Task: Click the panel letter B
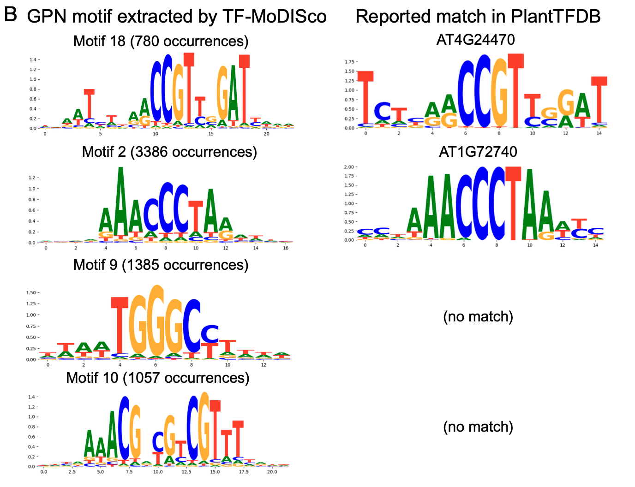point(10,15)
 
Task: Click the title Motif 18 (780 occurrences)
point(161,42)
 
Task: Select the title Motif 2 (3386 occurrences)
point(169,152)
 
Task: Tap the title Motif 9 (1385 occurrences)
point(161,265)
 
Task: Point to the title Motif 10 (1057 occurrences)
point(158,378)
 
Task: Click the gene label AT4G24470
point(475,40)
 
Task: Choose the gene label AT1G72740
point(478,152)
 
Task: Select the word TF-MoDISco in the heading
point(274,17)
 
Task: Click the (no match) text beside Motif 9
point(478,317)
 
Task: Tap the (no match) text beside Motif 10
point(478,427)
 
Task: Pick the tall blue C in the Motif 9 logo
point(192,325)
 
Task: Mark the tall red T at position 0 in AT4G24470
point(365,97)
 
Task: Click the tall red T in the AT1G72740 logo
point(513,203)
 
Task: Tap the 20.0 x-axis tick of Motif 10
point(272,472)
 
